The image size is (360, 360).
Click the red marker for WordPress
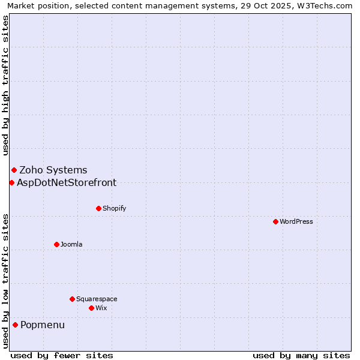pyautogui.click(x=275, y=221)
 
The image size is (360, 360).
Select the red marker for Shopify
pyautogui.click(x=98, y=208)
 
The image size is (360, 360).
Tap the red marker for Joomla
pyautogui.click(x=56, y=244)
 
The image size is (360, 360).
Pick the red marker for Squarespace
pyautogui.click(x=72, y=299)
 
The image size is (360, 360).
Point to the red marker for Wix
pyautogui.click(x=91, y=308)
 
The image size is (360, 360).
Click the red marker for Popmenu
pyautogui.click(x=15, y=325)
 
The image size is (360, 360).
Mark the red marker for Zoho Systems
pyautogui.click(x=14, y=170)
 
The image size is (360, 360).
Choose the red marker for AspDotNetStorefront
pyautogui.click(x=11, y=182)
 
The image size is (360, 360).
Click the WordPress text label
pyautogui.click(x=296, y=221)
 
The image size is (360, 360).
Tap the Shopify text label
pyautogui.click(x=114, y=208)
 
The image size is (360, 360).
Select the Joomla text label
pyautogui.click(x=71, y=244)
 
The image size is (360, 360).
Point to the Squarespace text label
pyautogui.click(x=97, y=299)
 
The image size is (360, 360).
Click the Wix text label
pyautogui.click(x=101, y=308)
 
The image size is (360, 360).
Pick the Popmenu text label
pyautogui.click(x=43, y=325)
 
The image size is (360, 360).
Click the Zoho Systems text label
pyautogui.click(x=53, y=170)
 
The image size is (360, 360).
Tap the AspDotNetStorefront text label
pyautogui.click(x=67, y=182)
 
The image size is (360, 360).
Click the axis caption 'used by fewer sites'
pyautogui.click(x=62, y=355)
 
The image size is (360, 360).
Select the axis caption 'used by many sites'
pyautogui.click(x=301, y=355)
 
